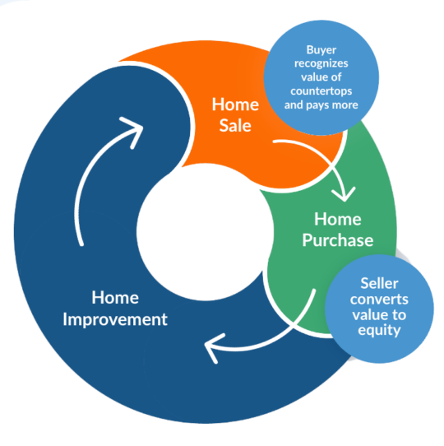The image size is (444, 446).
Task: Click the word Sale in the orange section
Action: [235, 125]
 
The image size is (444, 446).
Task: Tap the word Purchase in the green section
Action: [338, 240]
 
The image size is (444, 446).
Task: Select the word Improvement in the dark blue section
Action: [115, 319]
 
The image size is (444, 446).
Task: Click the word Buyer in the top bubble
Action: [321, 50]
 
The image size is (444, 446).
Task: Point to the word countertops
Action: [321, 91]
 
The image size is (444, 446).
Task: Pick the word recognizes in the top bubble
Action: [321, 63]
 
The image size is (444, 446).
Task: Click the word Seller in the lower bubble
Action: [380, 283]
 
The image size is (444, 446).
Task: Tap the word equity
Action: [379, 331]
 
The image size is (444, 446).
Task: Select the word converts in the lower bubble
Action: [379, 300]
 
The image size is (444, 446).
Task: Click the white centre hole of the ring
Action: [205, 232]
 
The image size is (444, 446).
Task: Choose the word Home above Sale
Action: [235, 105]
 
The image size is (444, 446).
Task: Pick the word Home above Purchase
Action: [338, 220]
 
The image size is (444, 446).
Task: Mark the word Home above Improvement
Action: [115, 298]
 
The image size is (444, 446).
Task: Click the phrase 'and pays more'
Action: [321, 105]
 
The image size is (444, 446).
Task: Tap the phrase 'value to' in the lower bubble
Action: [379, 315]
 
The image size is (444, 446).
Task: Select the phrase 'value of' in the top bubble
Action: [321, 77]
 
